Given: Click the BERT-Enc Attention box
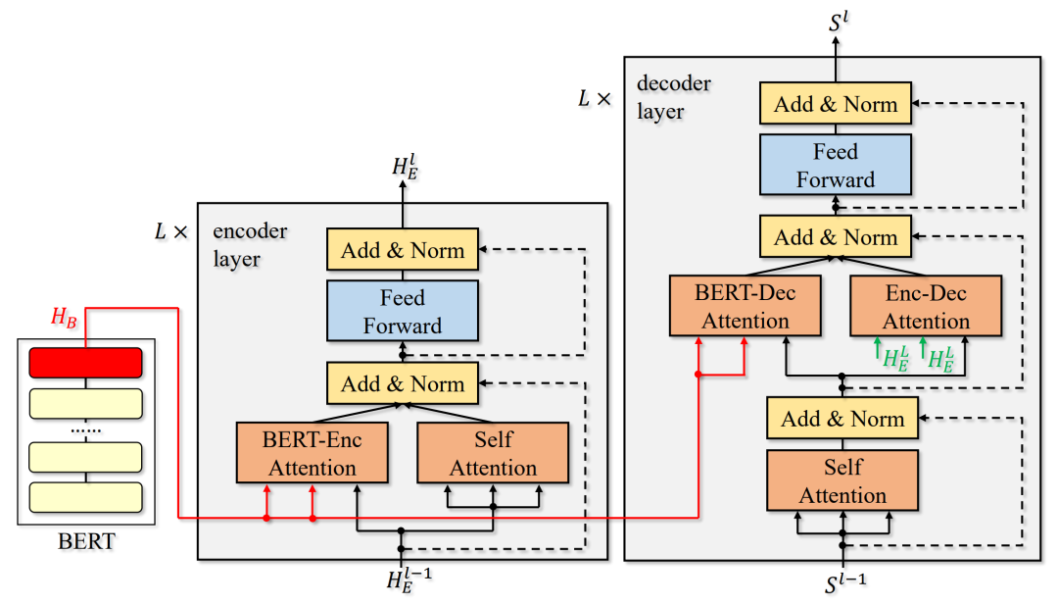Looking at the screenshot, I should coord(313,453).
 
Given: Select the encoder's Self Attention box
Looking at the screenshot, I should coord(493,453).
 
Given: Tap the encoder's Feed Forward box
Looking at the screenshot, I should coord(403,311).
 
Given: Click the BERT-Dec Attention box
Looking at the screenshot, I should coord(745,306).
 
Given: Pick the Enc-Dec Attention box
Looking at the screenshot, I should coord(926,306).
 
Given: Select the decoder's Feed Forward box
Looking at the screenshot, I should coord(836,165).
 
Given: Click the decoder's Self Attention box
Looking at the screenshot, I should coord(842,480).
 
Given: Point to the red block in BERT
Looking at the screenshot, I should coord(86,363).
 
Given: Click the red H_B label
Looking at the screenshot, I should coord(64,318).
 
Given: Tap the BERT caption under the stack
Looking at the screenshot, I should coord(87,541).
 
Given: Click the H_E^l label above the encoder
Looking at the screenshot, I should coord(405,167).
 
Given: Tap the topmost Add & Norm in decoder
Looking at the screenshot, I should coord(836,104).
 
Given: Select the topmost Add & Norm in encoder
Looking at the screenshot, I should coord(403,251).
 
